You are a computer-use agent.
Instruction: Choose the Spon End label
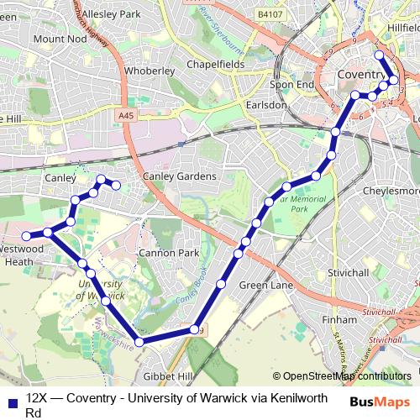pos(291,85)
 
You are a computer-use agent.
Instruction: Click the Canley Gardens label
pos(179,176)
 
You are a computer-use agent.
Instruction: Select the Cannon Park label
pos(171,252)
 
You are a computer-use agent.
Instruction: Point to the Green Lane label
pos(265,286)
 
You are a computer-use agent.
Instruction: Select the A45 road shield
pos(126,115)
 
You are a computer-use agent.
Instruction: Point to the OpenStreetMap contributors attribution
pos(342,376)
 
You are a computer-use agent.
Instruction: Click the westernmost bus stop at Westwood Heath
pos(26,234)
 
